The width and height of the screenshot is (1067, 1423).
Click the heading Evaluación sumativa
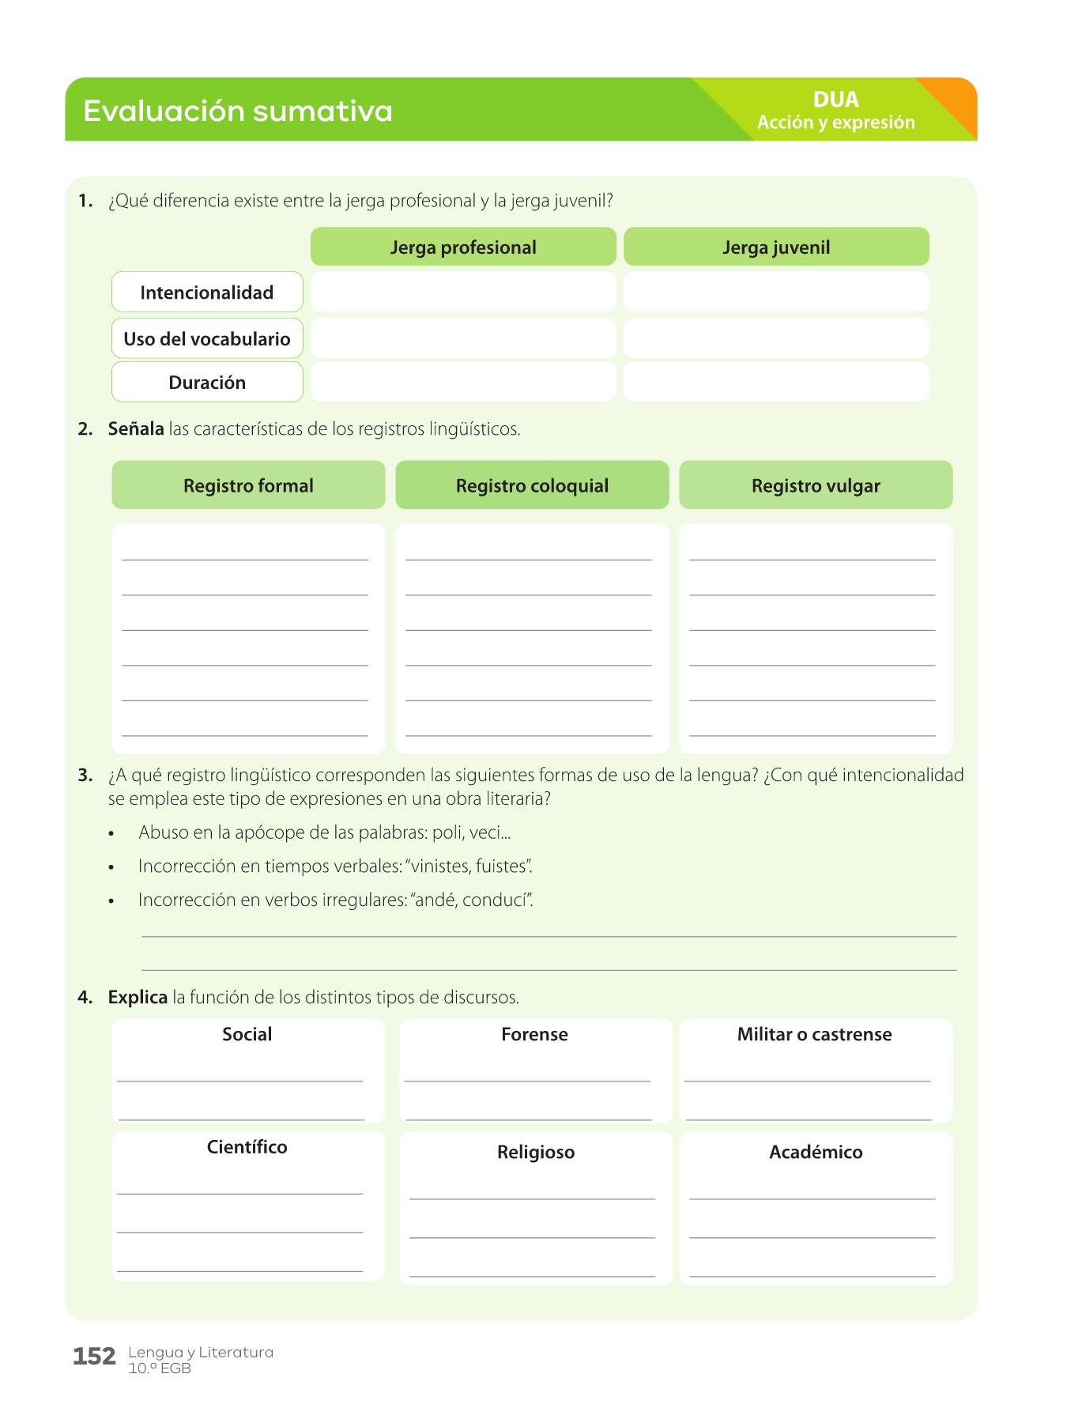coord(237,111)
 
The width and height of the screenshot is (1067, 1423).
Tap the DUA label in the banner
coord(835,100)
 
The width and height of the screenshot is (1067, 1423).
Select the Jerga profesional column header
coord(463,247)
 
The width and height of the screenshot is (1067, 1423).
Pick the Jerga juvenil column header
coord(776,247)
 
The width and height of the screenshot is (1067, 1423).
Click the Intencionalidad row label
coord(207,293)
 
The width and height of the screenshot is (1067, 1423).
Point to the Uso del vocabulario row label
coord(207,339)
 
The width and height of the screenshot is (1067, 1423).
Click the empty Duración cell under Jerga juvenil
coord(776,383)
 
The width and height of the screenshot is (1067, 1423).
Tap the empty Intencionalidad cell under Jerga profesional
coord(463,293)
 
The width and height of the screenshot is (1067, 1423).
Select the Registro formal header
coord(248,485)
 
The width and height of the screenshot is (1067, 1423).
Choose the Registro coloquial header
coord(532,485)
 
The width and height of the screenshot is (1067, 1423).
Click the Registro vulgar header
coord(816,485)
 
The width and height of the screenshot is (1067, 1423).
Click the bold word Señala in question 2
coord(136,429)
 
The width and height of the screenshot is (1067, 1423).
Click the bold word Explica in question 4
coord(138,998)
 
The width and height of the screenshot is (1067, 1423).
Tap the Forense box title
coord(534,1035)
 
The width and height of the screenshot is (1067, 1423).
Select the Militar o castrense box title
coord(814,1035)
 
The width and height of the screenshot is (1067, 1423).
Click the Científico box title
coord(247,1147)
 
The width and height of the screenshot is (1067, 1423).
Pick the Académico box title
coord(816,1153)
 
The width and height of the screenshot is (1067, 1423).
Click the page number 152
coord(94,1357)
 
